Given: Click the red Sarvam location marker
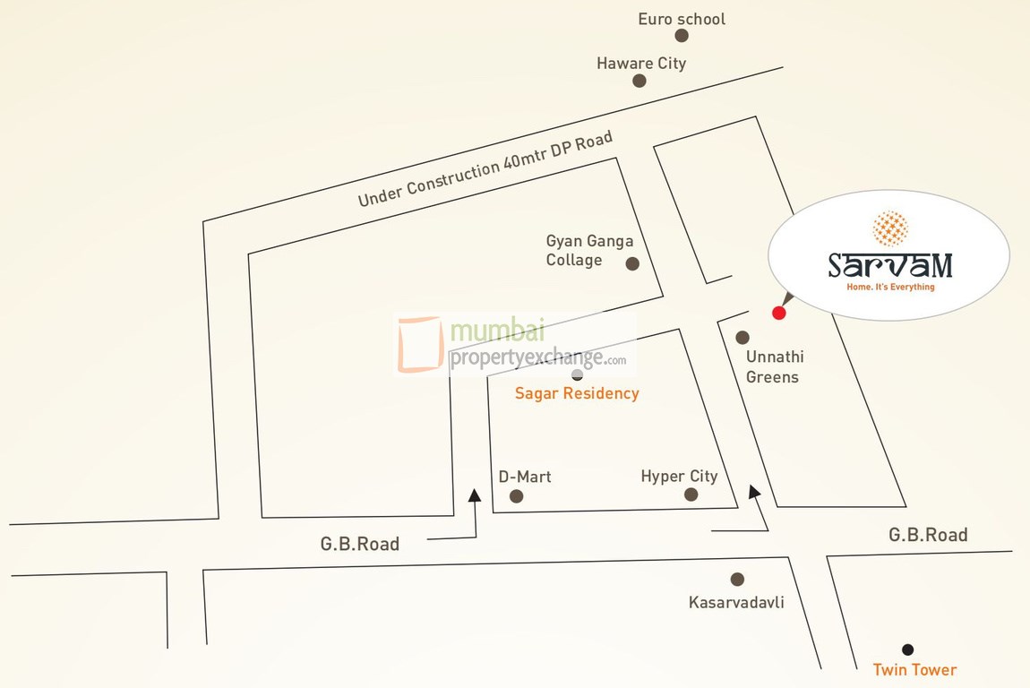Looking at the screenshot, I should [x=778, y=313].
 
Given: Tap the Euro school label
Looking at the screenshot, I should [x=682, y=19].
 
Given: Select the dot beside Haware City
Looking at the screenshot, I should [x=639, y=81].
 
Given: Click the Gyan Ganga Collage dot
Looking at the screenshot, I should [x=632, y=263].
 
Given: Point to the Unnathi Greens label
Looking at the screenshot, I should [x=771, y=366].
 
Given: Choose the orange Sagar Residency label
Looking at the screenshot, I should [x=577, y=393].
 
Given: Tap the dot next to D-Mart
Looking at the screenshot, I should [x=516, y=496].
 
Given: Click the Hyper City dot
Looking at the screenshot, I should [x=691, y=494].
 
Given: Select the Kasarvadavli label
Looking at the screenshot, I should [x=736, y=602].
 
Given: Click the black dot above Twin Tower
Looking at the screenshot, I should [x=908, y=649].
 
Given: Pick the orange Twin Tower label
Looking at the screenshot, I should [x=914, y=670].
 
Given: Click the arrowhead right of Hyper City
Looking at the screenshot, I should [x=755, y=491].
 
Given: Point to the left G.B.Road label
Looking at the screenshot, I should [x=360, y=544].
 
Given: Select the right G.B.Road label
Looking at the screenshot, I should [x=928, y=535].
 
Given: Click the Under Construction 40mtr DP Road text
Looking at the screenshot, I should [x=485, y=169].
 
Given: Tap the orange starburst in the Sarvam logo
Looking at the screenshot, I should [x=889, y=228].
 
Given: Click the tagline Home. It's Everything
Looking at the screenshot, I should [x=890, y=288].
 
